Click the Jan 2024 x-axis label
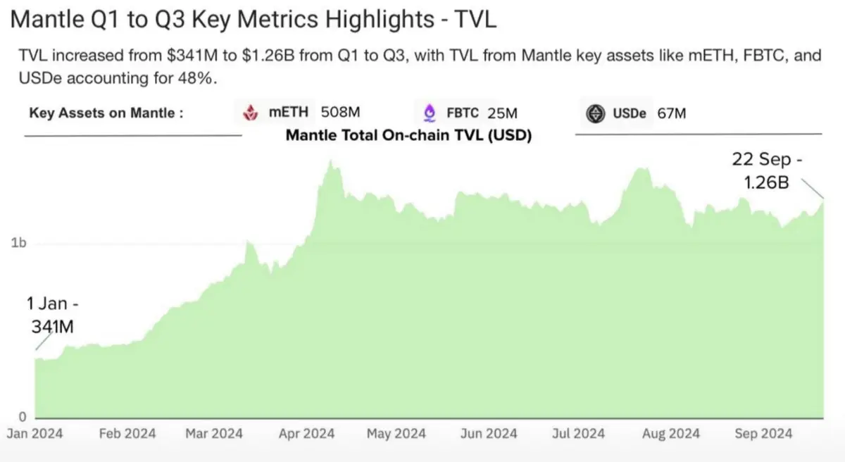35,434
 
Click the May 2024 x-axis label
396,434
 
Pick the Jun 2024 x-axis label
489,434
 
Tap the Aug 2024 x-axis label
670,434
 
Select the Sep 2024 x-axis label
763,434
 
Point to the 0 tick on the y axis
22,416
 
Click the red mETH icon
250,113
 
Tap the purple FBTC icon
429,113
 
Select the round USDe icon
596,113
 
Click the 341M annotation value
51,327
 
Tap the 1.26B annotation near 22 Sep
767,182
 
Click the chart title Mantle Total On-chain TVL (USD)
408,135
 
